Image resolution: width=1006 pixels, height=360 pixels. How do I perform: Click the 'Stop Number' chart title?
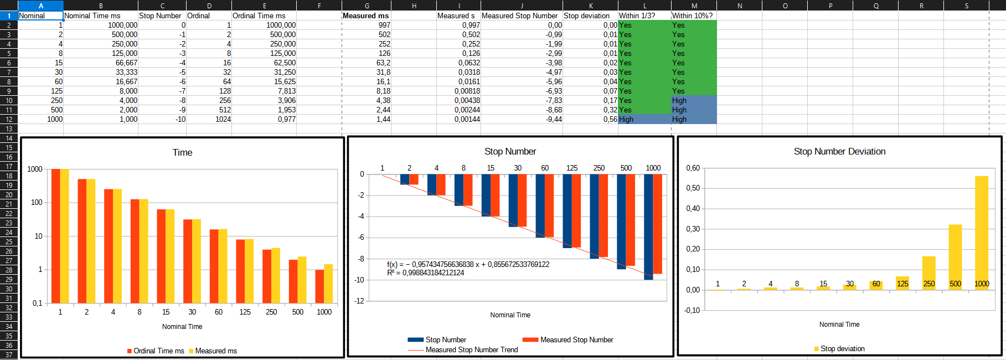click(x=510, y=151)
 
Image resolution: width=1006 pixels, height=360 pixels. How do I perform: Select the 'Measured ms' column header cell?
click(x=365, y=16)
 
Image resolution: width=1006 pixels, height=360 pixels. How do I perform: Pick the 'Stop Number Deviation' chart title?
click(x=839, y=151)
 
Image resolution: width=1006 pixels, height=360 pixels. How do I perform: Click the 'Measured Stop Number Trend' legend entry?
click(x=471, y=349)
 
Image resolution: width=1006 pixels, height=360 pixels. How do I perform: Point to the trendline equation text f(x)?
click(x=468, y=264)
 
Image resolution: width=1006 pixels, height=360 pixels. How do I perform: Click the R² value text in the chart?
click(x=425, y=272)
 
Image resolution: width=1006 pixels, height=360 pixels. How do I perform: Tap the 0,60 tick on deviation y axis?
click(x=693, y=168)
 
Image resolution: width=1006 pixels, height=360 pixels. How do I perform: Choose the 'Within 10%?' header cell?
click(x=692, y=16)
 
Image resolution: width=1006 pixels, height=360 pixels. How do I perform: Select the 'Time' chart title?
click(x=182, y=152)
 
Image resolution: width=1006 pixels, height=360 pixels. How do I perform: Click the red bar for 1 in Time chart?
click(x=55, y=235)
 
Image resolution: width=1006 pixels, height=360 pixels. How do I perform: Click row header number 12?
click(x=9, y=119)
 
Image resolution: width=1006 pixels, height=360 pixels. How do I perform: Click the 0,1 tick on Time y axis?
click(x=37, y=303)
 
